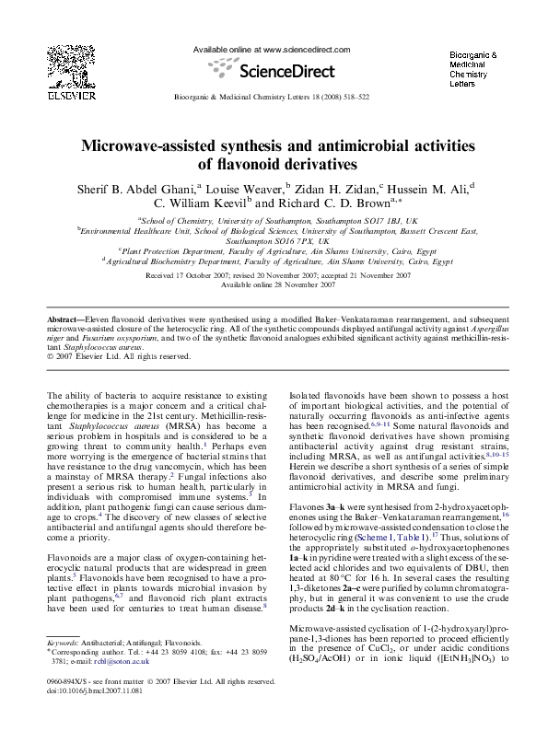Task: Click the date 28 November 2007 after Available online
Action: click(x=301, y=284)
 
